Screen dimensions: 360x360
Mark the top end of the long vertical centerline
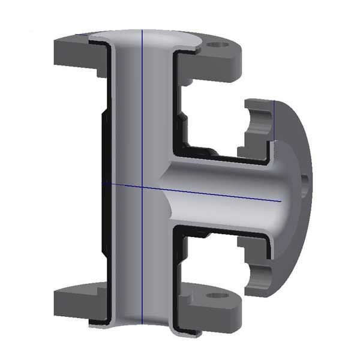[141, 28]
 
